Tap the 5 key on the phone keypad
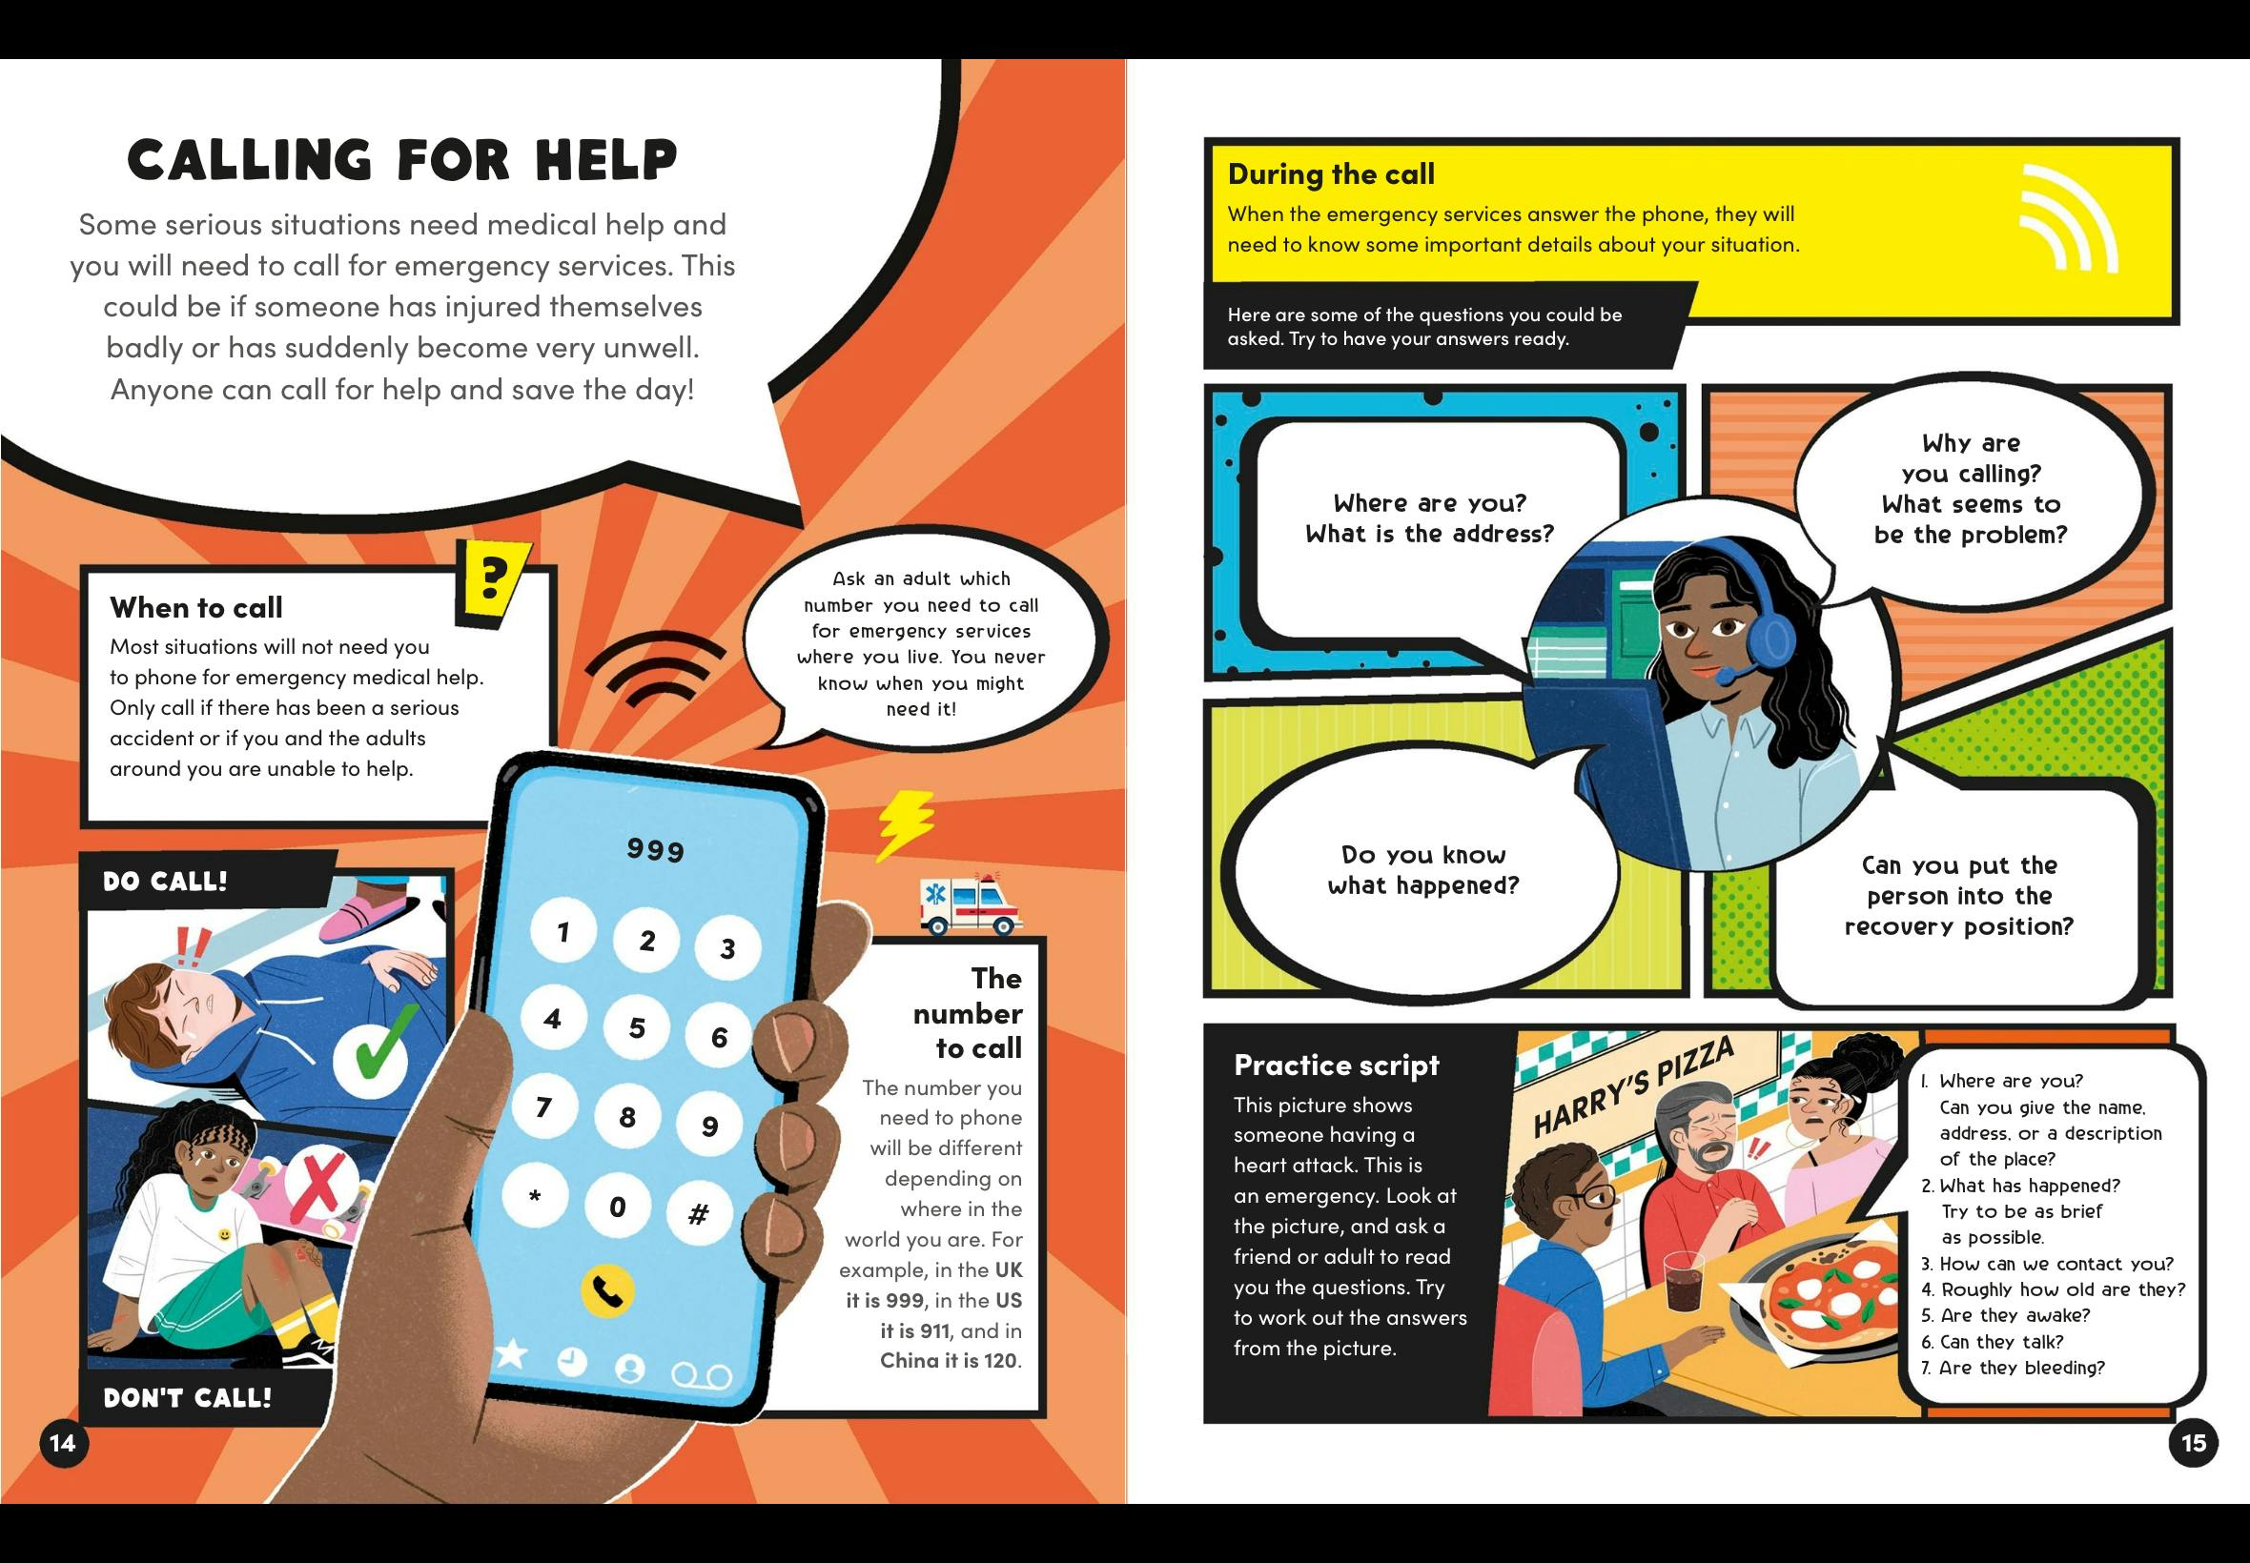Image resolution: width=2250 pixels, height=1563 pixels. click(x=637, y=1027)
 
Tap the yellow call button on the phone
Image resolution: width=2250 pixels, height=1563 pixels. click(x=607, y=1291)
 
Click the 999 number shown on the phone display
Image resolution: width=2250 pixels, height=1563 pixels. click(x=655, y=849)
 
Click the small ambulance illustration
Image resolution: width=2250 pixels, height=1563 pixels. click(x=970, y=903)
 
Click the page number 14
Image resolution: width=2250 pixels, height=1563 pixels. click(x=63, y=1443)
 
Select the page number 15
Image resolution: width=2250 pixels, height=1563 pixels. click(x=2193, y=1443)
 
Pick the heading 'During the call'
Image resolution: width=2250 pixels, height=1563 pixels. click(x=1331, y=174)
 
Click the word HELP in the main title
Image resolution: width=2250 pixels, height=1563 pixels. click(x=606, y=159)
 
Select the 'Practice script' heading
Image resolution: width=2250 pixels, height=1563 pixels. click(x=1336, y=1065)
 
